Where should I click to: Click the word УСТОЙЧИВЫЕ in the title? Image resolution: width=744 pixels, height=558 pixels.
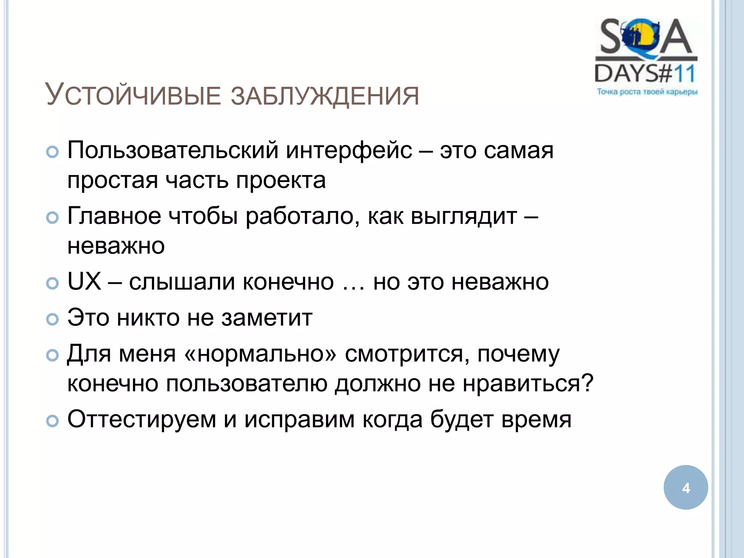click(x=133, y=95)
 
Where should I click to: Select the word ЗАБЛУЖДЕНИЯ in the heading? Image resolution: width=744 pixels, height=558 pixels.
click(x=325, y=96)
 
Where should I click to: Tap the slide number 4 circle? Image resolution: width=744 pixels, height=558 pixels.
click(x=686, y=488)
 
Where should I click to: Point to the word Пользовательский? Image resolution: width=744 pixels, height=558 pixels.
click(x=173, y=150)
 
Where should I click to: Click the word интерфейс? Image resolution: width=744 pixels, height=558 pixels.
click(x=349, y=150)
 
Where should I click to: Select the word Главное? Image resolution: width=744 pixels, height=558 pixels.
click(x=114, y=216)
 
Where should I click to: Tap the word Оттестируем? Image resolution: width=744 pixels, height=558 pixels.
click(x=142, y=420)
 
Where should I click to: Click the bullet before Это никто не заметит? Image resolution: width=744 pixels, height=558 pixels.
click(x=53, y=319)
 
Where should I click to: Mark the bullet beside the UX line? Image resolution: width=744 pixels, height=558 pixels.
click(x=53, y=283)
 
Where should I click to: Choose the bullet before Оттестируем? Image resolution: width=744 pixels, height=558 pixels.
click(x=53, y=421)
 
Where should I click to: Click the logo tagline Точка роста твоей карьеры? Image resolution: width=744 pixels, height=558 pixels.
click(x=647, y=92)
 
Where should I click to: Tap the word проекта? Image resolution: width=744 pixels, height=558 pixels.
click(x=281, y=180)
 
